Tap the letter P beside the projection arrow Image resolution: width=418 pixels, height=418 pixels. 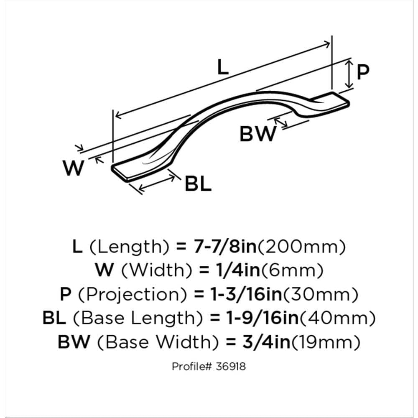click(x=363, y=72)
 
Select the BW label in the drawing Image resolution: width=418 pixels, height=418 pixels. click(x=258, y=134)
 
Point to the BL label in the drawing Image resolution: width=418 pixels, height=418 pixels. click(x=198, y=184)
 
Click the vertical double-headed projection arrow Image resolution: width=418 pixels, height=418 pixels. click(x=349, y=74)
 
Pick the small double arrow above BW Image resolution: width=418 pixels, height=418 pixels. click(x=281, y=122)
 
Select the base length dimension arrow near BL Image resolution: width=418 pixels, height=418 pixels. click(x=157, y=184)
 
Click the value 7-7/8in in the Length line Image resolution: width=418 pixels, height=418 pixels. click(x=224, y=247)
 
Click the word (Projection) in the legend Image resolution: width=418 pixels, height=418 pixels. click(x=132, y=294)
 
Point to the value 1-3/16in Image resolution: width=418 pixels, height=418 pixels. click(x=246, y=294)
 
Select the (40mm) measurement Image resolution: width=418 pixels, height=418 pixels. click(x=338, y=318)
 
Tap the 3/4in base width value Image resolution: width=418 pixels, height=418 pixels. click(x=266, y=342)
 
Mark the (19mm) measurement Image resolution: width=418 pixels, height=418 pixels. click(x=326, y=342)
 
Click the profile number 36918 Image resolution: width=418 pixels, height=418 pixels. click(x=231, y=367)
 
